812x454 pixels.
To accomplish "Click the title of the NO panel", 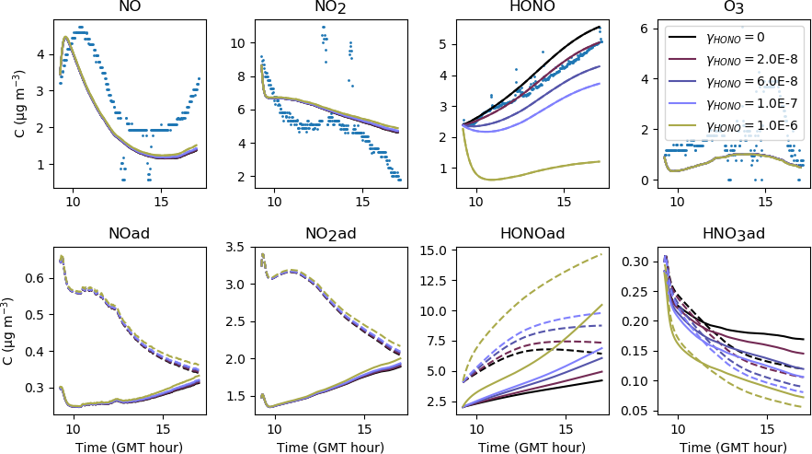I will tap(131, 8).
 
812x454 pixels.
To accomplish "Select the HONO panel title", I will tap(531, 8).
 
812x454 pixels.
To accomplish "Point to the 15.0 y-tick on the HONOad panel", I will tap(433, 250).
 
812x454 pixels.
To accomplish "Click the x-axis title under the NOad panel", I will tap(131, 446).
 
